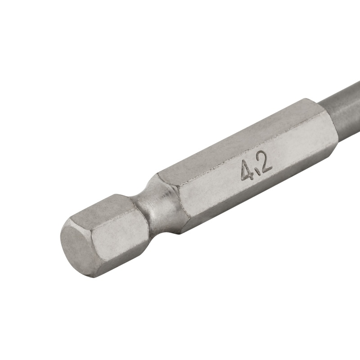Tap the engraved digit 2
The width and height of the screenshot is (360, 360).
265,165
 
